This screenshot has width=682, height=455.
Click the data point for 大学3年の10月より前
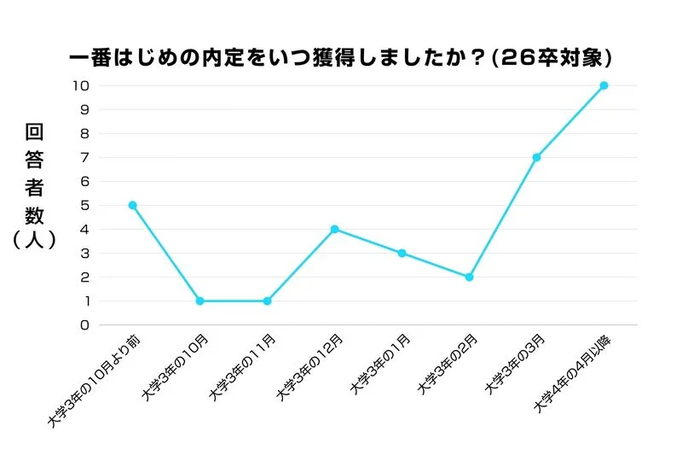click(x=132, y=205)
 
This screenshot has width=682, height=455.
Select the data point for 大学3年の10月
click(x=199, y=300)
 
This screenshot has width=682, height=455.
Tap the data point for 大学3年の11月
click(x=267, y=300)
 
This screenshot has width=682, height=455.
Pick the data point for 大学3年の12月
click(x=334, y=229)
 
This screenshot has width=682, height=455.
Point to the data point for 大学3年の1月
click(x=402, y=253)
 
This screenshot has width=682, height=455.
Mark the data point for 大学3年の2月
click(x=469, y=277)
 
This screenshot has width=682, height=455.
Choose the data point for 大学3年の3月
click(x=536, y=157)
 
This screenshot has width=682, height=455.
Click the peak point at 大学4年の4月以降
click(x=604, y=85)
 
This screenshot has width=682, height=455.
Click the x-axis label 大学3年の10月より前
click(x=94, y=381)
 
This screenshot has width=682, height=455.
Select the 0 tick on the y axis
click(x=84, y=324)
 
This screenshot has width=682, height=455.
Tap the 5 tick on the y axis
click(x=84, y=205)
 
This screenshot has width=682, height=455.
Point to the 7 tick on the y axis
click(x=84, y=157)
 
